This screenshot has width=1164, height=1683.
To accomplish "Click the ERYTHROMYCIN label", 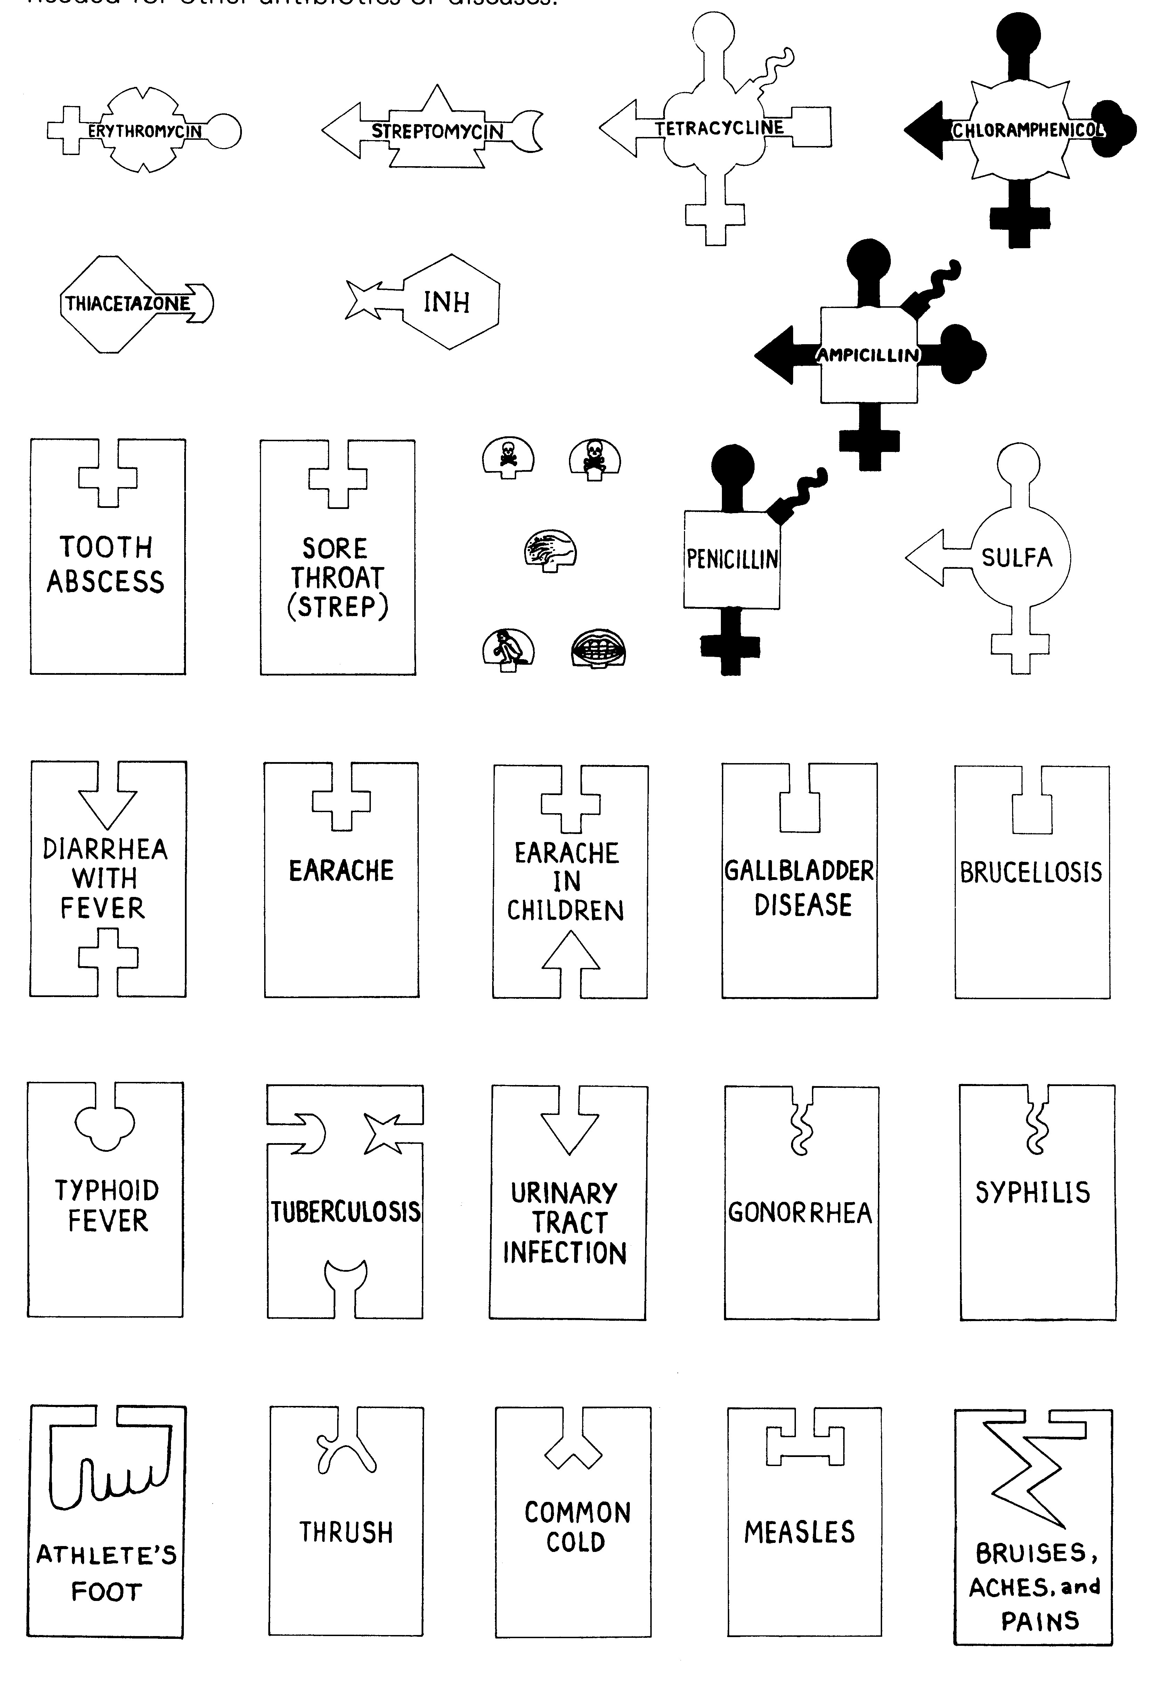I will coord(144,131).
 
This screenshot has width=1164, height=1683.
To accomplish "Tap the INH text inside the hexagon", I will coord(446,302).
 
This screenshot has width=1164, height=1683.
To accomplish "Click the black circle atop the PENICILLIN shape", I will coord(732,467).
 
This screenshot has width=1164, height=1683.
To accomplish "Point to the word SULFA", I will coord(1017,558).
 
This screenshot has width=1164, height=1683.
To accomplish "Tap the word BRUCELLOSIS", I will coord(1031,873).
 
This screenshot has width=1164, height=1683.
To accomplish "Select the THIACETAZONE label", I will coord(128,304).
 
